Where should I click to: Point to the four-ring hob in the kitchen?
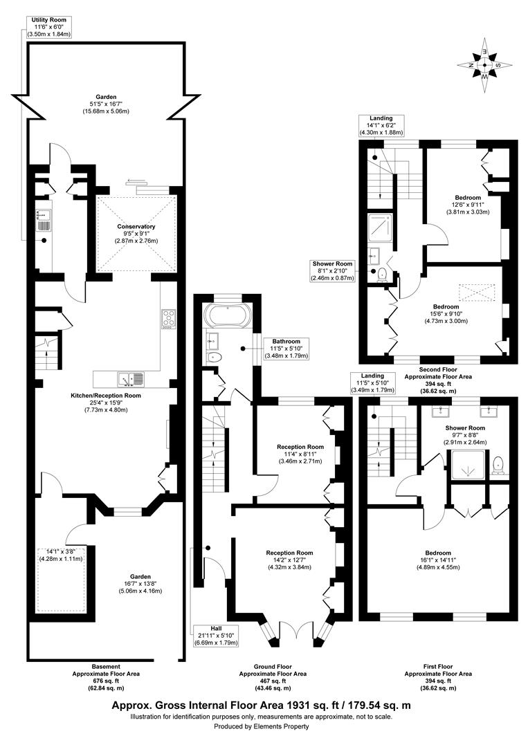point(168,319)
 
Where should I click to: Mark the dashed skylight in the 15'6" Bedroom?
point(475,292)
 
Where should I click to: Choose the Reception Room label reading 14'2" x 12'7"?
point(290,560)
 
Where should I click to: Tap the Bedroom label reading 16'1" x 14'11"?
point(439,560)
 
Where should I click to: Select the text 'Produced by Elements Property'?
point(262,726)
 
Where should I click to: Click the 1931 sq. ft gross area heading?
point(262,705)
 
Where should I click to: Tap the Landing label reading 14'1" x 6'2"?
point(381,125)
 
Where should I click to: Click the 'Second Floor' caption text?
point(437,370)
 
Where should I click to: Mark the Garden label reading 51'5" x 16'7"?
point(106,104)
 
